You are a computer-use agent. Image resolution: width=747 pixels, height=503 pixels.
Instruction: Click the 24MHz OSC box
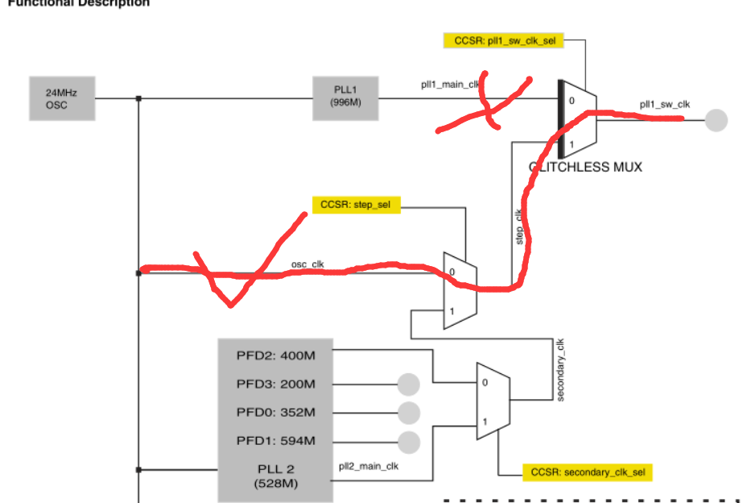pyautogui.click(x=61, y=98)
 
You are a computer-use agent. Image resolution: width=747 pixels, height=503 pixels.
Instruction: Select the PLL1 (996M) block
pyautogui.click(x=345, y=98)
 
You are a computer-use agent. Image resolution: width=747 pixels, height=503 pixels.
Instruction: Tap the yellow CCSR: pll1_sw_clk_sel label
pyautogui.click(x=503, y=40)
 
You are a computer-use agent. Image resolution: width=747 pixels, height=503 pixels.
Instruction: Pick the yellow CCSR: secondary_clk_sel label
pyautogui.click(x=587, y=472)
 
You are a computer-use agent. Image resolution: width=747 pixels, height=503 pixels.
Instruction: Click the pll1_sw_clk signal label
pyautogui.click(x=665, y=104)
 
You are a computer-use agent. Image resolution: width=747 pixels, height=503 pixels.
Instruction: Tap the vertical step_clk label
pyautogui.click(x=518, y=226)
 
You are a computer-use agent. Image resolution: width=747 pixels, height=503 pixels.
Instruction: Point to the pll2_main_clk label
pyautogui.click(x=369, y=465)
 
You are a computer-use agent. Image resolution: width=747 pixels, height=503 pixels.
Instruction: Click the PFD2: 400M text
pyautogui.click(x=275, y=355)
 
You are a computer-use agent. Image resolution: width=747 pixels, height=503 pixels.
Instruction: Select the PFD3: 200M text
pyautogui.click(x=275, y=384)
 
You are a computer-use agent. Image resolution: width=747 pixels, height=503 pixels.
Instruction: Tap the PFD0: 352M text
pyautogui.click(x=275, y=413)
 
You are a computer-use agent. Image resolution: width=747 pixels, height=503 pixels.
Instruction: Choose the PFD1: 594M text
pyautogui.click(x=275, y=441)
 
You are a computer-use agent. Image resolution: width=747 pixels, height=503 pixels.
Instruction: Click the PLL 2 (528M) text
pyautogui.click(x=275, y=476)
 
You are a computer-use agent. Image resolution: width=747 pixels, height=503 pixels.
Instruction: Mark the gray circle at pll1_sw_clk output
pyautogui.click(x=716, y=121)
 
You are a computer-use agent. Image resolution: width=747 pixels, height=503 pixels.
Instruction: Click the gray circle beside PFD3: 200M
pyautogui.click(x=409, y=385)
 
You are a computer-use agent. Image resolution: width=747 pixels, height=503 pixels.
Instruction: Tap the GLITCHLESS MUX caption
pyautogui.click(x=585, y=168)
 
